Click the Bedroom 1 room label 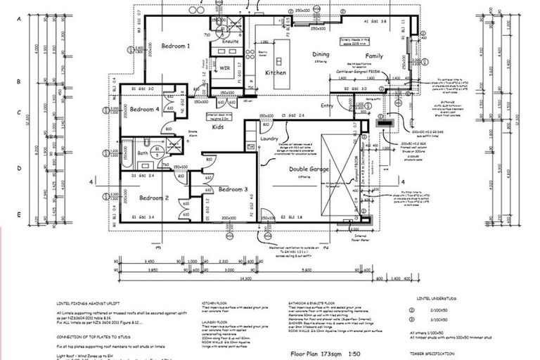click(176, 46)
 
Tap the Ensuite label click(231, 41)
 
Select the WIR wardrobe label click(226, 68)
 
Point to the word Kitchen click(275, 72)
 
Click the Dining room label click(321, 54)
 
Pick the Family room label click(374, 56)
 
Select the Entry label click(328, 105)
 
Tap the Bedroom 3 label click(233, 190)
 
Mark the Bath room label click(143, 153)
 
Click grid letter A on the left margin click(18, 20)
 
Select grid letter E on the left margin click(18, 215)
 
